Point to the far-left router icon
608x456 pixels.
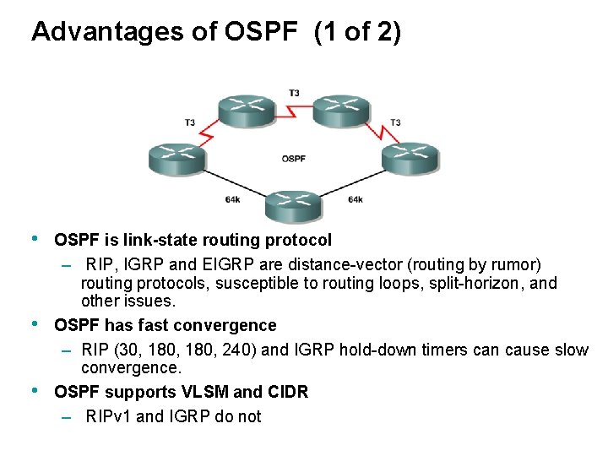tap(177, 158)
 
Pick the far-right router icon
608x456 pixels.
tap(410, 158)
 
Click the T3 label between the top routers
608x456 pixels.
tap(293, 92)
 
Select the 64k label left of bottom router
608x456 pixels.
tap(232, 199)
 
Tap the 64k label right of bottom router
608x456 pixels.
tap(356, 199)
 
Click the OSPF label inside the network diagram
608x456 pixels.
tap(294, 158)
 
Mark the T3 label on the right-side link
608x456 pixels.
tap(395, 123)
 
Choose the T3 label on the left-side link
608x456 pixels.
tap(191, 123)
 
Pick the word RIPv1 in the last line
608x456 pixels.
tap(108, 416)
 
